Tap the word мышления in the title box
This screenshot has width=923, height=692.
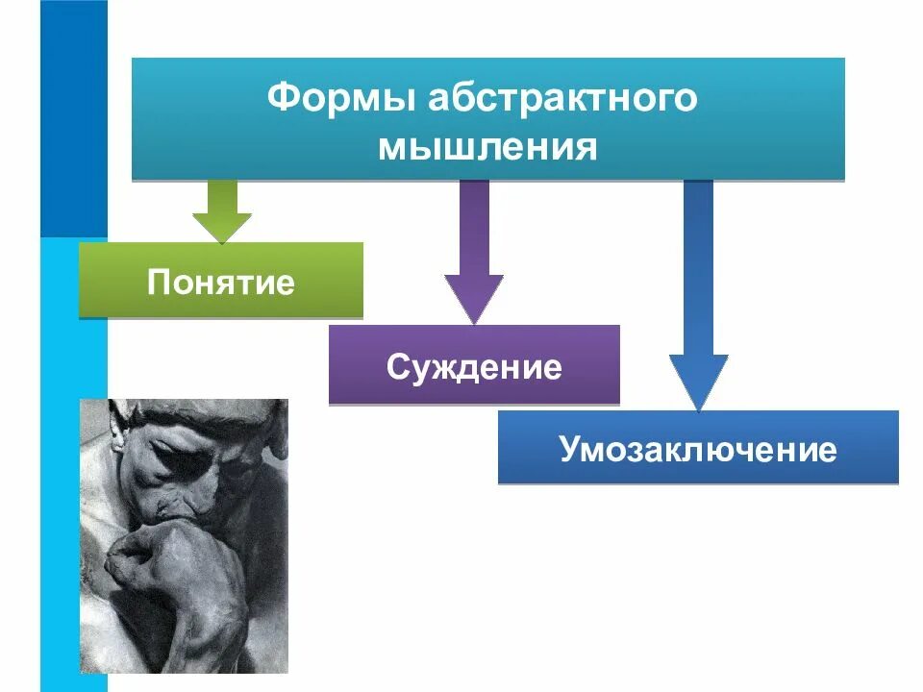(487, 146)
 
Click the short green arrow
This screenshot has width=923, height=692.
(222, 210)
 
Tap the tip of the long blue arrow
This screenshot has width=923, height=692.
(699, 404)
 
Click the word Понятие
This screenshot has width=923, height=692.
(221, 283)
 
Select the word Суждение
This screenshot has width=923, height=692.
(474, 367)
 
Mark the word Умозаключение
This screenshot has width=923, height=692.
(698, 450)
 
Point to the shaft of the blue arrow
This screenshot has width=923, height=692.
(698, 269)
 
